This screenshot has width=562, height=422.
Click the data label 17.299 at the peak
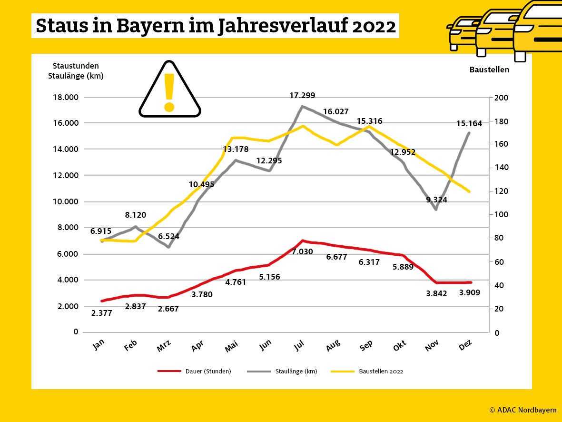(302, 95)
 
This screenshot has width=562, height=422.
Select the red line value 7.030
(302, 251)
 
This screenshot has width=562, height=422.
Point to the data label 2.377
(101, 313)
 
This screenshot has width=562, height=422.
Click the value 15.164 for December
(469, 123)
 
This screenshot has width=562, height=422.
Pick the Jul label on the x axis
(299, 346)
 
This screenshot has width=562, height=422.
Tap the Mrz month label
(164, 347)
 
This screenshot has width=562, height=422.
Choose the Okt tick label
(399, 346)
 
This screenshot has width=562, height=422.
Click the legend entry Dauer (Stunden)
(208, 372)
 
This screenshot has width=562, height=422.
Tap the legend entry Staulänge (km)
(296, 372)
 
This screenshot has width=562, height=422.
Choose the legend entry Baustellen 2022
(381, 372)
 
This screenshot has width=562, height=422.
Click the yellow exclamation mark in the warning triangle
(169, 92)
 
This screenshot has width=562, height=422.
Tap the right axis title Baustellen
(489, 70)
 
